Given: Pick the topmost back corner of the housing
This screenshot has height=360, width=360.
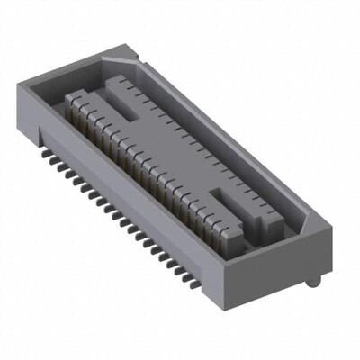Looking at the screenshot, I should point(105,50).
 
